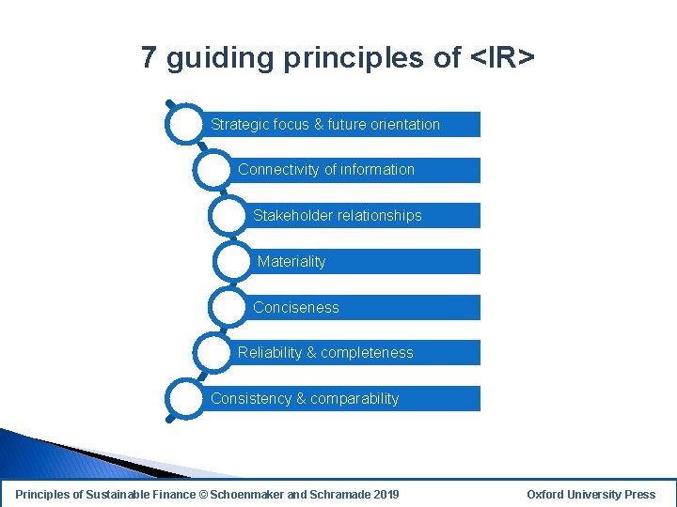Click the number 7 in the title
coord(149,58)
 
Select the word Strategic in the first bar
coord(240,124)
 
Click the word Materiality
coord(291,262)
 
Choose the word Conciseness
coord(296,307)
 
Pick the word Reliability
coord(270,353)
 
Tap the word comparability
coord(354,399)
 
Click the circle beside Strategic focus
coord(184,125)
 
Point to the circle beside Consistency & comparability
coord(184,398)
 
